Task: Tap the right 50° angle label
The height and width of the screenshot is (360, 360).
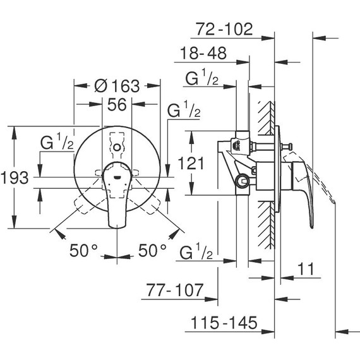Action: [152, 250]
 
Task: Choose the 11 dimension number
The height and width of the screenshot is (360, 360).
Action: [306, 268]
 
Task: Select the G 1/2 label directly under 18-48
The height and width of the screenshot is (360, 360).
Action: [203, 79]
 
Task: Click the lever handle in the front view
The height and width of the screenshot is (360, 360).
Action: [117, 189]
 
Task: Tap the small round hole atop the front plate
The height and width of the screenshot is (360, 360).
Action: [117, 147]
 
